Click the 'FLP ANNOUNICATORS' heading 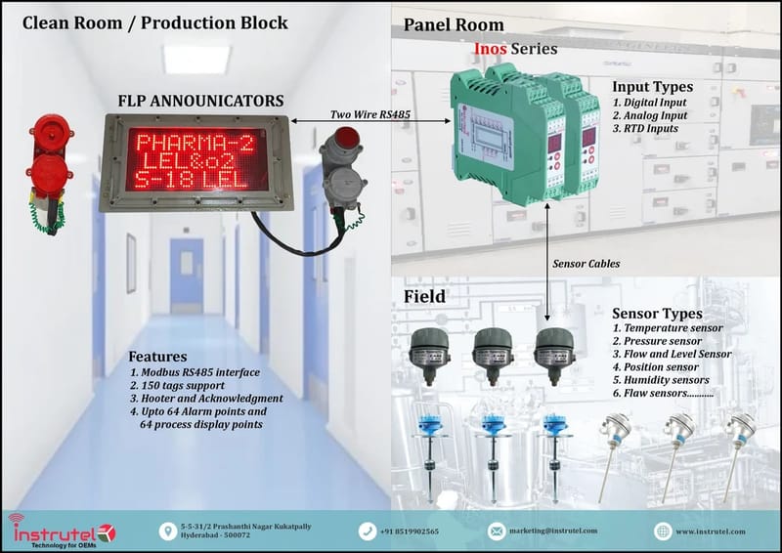(x=200, y=101)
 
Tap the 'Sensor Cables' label (x=586, y=263)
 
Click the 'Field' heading (x=426, y=295)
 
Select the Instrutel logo (x=62, y=531)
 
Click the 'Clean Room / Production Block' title (x=155, y=21)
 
